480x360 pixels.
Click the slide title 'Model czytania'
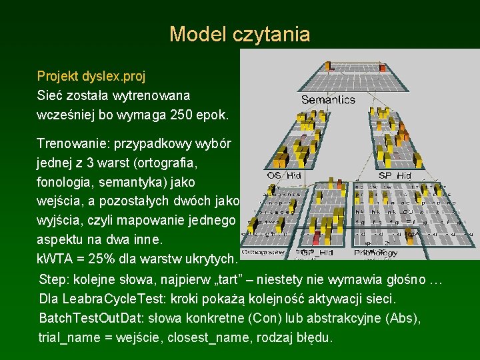click(x=240, y=34)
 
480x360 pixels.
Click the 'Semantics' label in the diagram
click(x=328, y=100)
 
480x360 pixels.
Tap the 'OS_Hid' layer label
click(x=283, y=175)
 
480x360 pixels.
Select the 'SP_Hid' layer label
click(x=395, y=175)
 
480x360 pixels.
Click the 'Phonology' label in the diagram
click(x=376, y=253)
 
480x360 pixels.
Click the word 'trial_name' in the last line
click(x=66, y=337)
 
